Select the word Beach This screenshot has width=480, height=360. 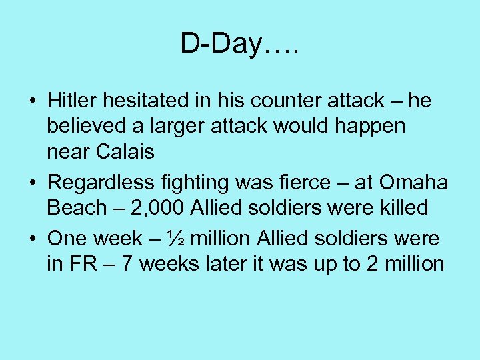[x=77, y=207]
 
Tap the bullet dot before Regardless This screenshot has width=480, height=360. [x=33, y=183]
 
